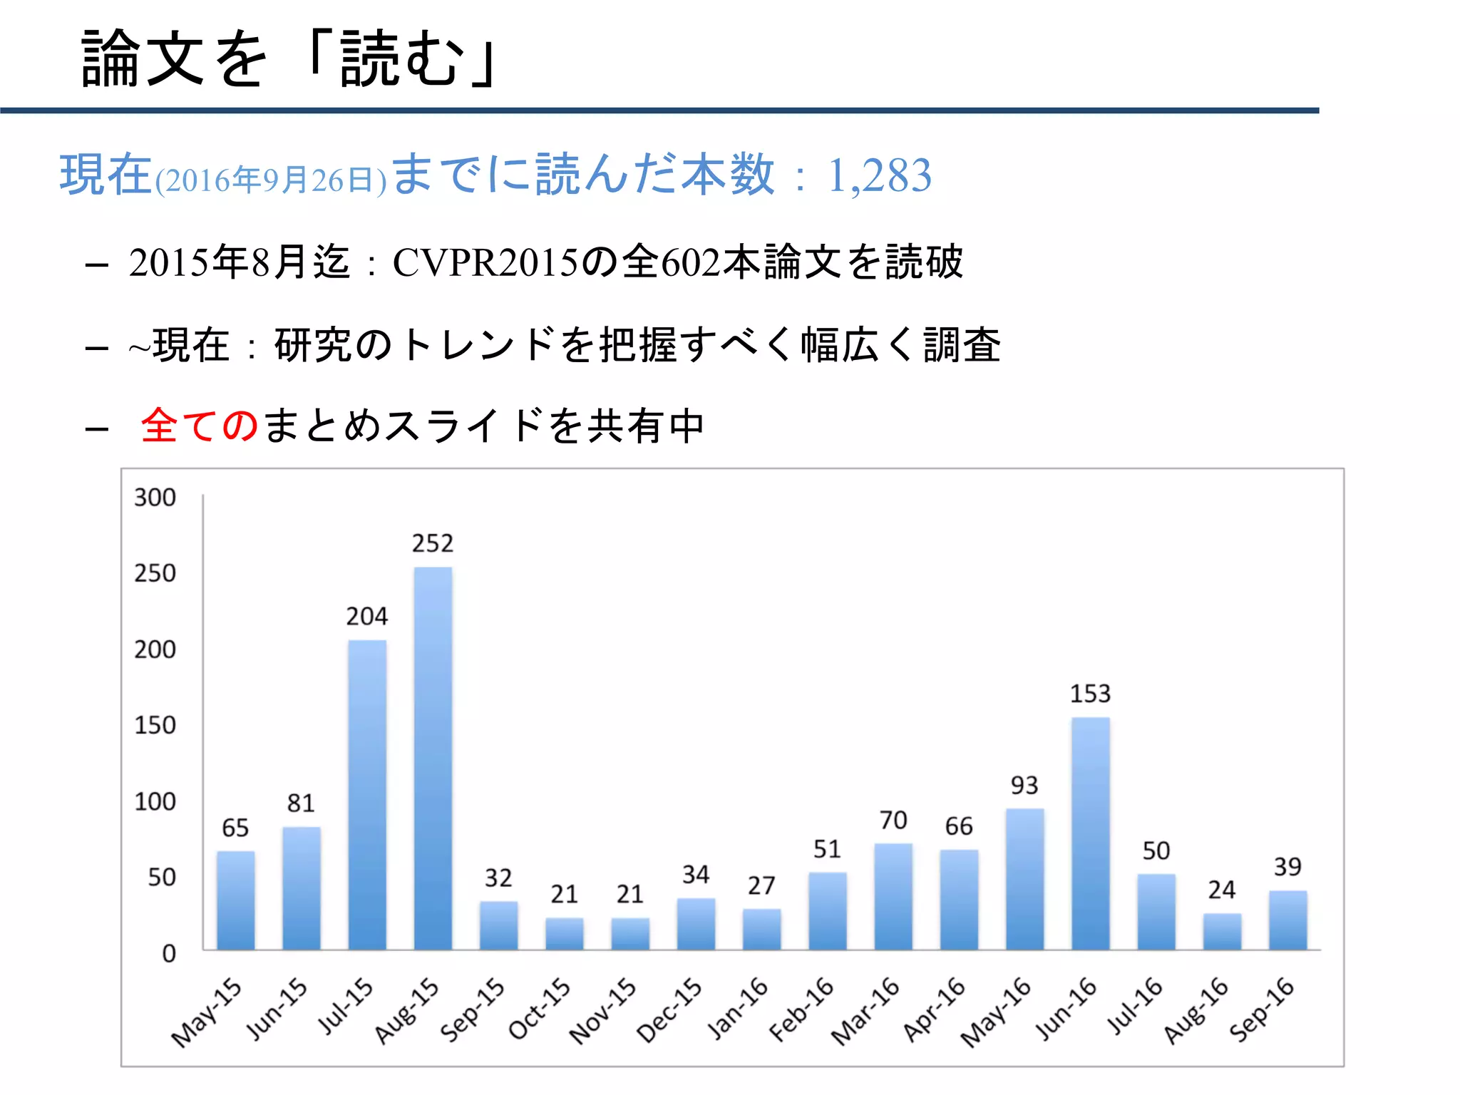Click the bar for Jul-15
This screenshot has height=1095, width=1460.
(367, 794)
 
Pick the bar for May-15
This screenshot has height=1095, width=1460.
(235, 900)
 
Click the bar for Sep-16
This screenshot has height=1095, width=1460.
(1287, 920)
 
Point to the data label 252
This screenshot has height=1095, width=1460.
(433, 544)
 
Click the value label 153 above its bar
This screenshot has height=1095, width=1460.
(1090, 694)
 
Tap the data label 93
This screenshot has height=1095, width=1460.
(1024, 786)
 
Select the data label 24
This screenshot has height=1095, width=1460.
(1221, 890)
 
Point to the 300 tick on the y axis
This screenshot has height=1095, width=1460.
(155, 498)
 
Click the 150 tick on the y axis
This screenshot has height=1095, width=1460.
(155, 726)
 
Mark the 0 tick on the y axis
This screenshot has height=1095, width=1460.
(168, 954)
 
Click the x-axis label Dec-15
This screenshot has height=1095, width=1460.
(669, 1011)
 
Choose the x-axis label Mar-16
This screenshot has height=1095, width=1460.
(865, 1011)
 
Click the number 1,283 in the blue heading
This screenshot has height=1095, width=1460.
(879, 175)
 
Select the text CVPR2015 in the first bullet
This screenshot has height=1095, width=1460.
(485, 262)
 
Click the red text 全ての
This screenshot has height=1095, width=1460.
(200, 426)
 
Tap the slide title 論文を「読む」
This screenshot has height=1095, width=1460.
(289, 59)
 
